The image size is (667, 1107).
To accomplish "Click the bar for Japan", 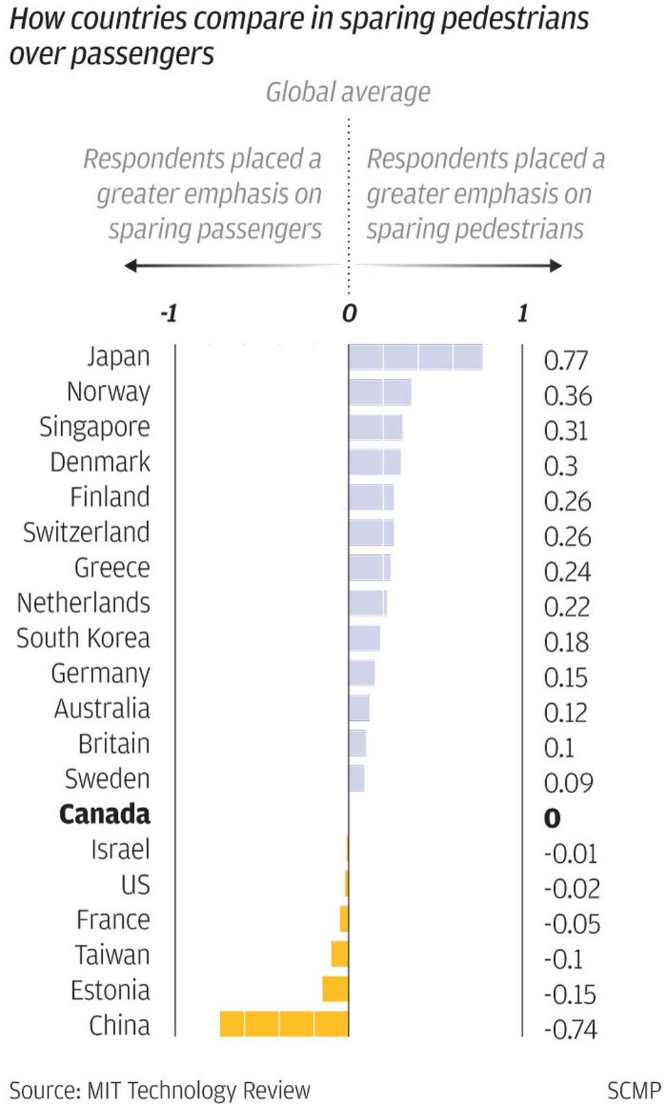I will pos(416,357).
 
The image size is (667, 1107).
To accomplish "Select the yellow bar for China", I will pos(284,1024).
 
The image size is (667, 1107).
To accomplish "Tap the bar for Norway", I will pos(380,393).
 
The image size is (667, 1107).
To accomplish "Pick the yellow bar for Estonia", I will pos(335,989).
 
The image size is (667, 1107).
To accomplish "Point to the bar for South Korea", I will pos(364,639).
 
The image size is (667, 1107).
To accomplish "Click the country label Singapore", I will pos(94,427).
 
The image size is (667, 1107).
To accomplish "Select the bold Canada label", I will pos(104,814).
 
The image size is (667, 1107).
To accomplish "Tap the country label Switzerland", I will pos(86,533).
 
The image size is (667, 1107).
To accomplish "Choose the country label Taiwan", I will pos(112,955).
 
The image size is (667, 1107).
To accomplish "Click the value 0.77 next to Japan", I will pos(565,361).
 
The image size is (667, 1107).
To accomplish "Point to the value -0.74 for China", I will pos(571,1030).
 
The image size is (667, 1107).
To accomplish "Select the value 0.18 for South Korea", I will pos(566,643).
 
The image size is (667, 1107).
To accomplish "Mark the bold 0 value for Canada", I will pos(552,819).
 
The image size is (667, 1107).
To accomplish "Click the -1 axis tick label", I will pos(169,314).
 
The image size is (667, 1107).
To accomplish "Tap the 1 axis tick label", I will pos(522,314).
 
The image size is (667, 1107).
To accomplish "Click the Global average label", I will pos(348,92).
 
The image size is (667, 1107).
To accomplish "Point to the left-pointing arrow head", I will pos(131,266).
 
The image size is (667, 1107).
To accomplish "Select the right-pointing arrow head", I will pos(556,266).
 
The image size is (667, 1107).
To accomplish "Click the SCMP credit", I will pos(633,1090).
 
